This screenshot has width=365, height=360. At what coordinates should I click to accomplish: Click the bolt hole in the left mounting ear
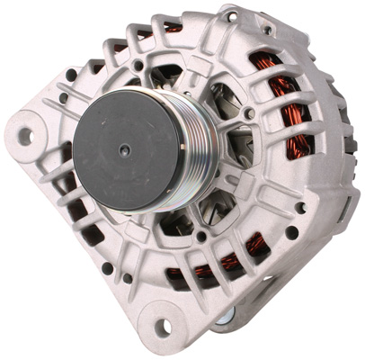point(25,135)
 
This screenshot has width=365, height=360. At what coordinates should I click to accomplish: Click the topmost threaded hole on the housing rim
point(233,16)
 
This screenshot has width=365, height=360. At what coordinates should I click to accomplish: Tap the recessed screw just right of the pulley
point(247,114)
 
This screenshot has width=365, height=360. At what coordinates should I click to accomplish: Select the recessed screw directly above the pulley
point(138,65)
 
